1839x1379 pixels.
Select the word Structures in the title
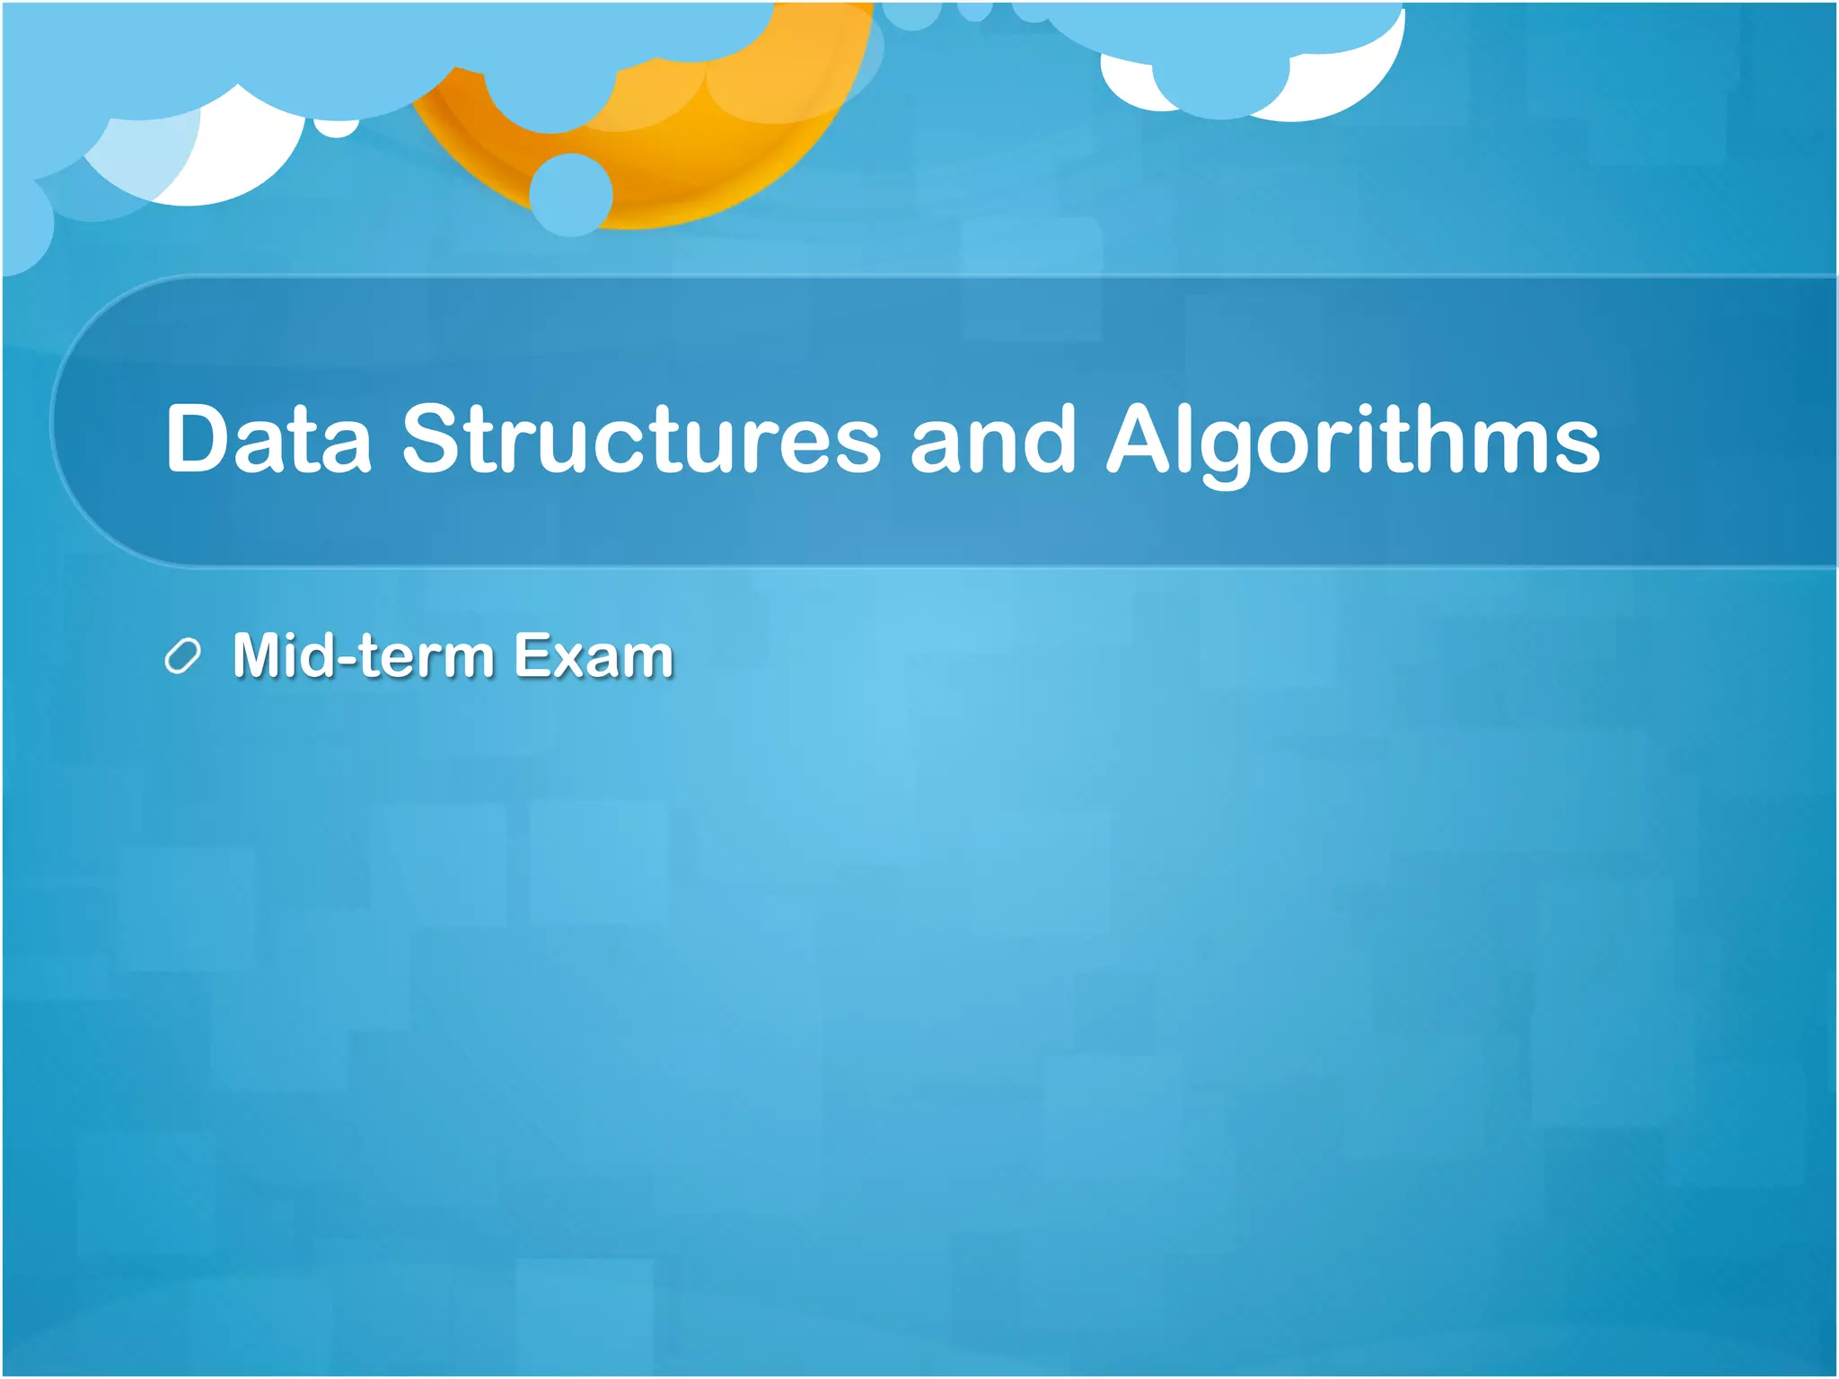point(641,439)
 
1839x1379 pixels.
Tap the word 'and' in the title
point(992,439)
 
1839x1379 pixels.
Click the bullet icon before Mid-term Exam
point(182,656)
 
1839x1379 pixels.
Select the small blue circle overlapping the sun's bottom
point(571,194)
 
